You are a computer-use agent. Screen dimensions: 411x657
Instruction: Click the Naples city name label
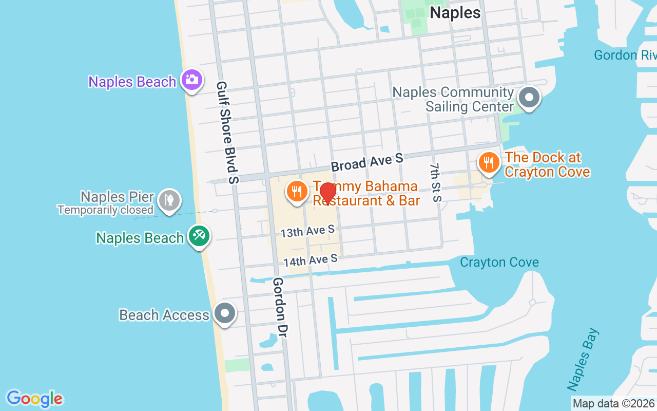tap(455, 13)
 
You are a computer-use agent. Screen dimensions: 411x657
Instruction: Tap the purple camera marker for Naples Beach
tap(192, 80)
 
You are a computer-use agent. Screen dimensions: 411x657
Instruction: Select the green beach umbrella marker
tap(199, 236)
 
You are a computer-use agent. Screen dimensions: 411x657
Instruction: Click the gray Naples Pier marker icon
tap(169, 199)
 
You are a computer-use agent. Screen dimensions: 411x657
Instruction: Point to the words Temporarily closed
tap(105, 210)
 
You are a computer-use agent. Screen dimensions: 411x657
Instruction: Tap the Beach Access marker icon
tap(224, 313)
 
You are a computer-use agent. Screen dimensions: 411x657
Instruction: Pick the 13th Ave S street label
tap(307, 231)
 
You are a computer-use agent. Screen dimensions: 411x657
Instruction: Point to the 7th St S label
tap(435, 182)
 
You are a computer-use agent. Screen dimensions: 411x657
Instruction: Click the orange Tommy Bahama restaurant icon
tap(296, 192)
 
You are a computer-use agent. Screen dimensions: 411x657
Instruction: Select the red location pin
tap(327, 193)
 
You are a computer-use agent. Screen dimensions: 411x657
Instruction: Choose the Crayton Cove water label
tap(499, 263)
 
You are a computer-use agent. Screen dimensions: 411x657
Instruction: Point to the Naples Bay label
tap(583, 360)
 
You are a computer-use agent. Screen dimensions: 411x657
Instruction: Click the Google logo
tap(34, 399)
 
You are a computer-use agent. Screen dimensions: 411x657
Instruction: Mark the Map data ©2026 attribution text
tap(613, 404)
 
